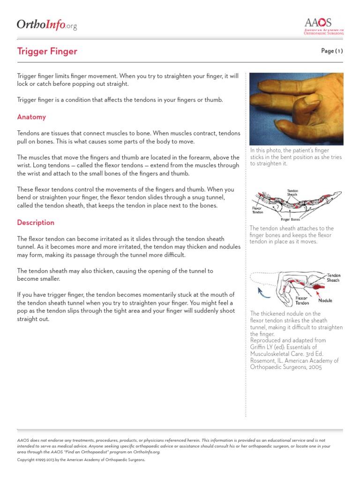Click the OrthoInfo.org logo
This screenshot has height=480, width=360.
click(47, 25)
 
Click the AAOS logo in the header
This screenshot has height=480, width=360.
click(323, 26)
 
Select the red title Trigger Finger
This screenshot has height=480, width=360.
click(47, 52)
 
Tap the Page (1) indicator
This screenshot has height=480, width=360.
click(332, 51)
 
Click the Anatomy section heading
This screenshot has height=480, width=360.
click(31, 117)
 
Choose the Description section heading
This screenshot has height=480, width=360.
click(36, 222)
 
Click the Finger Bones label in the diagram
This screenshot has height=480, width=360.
click(291, 219)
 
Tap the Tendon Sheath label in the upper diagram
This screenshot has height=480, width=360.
click(292, 193)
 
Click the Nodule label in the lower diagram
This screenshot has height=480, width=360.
click(325, 300)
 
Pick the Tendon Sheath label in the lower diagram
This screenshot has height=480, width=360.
click(333, 277)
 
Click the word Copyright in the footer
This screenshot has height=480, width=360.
click(26, 460)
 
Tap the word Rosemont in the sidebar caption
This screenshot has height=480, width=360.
click(264, 360)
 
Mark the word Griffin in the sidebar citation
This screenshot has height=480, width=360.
click(259, 347)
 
